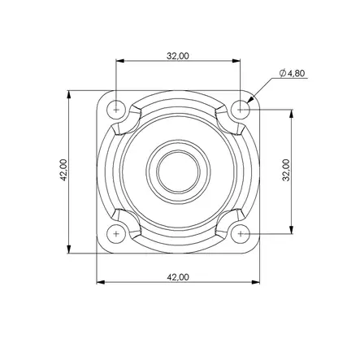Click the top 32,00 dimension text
[178, 56]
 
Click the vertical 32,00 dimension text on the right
[286, 170]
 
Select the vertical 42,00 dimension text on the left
[63, 170]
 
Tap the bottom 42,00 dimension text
[178, 277]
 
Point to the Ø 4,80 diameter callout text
[293, 73]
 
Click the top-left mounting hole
[116, 110]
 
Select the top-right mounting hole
[241, 110]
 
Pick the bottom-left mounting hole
[116, 234]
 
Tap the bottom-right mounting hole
[241, 234]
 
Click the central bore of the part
[178, 171]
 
